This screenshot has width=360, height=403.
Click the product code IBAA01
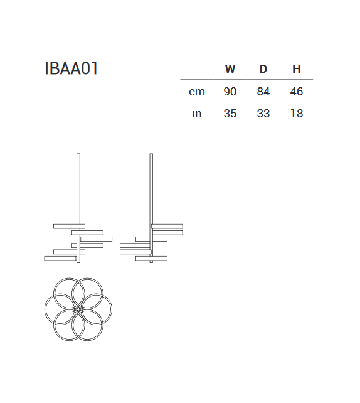(x=71, y=68)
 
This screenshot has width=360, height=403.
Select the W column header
(x=230, y=69)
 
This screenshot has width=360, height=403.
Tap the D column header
(x=263, y=69)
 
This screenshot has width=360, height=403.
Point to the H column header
(x=296, y=69)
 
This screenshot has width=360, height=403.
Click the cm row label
(x=197, y=92)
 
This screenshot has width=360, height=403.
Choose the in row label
(x=197, y=114)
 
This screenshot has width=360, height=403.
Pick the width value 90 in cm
(x=230, y=92)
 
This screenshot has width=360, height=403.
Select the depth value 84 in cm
(x=263, y=92)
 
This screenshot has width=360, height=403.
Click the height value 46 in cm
(x=296, y=92)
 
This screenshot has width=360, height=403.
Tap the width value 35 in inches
(x=230, y=114)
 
